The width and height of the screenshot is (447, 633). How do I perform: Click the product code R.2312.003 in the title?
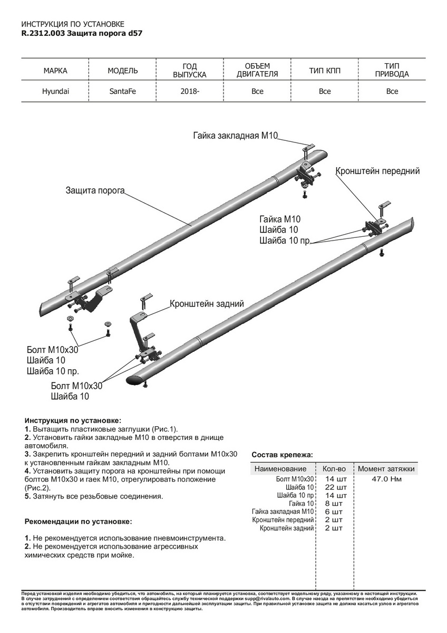click(44, 33)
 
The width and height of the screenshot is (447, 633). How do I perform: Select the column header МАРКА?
click(55, 71)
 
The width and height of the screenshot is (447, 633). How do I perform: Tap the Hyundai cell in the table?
click(55, 91)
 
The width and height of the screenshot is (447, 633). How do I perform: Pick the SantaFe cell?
click(122, 91)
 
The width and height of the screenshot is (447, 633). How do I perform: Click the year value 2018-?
click(190, 91)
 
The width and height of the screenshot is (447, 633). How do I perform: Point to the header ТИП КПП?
click(325, 71)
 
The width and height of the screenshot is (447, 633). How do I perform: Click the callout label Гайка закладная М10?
click(235, 136)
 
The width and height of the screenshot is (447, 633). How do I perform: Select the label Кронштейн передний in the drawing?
click(377, 171)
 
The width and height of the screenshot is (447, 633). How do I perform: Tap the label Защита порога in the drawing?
click(95, 190)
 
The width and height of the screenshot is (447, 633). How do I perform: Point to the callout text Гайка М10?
click(279, 219)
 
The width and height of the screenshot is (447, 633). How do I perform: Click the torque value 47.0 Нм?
click(386, 479)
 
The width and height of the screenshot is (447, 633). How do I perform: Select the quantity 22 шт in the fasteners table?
click(334, 487)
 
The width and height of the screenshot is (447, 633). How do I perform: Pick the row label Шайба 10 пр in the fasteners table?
click(296, 495)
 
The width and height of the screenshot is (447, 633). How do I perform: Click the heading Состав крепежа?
click(282, 454)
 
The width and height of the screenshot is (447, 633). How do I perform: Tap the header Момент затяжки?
click(386, 468)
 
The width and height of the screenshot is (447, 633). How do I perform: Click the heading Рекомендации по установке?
click(79, 521)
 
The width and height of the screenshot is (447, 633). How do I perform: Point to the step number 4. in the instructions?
click(27, 471)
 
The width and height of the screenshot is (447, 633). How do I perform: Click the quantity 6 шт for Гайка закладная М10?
click(334, 512)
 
